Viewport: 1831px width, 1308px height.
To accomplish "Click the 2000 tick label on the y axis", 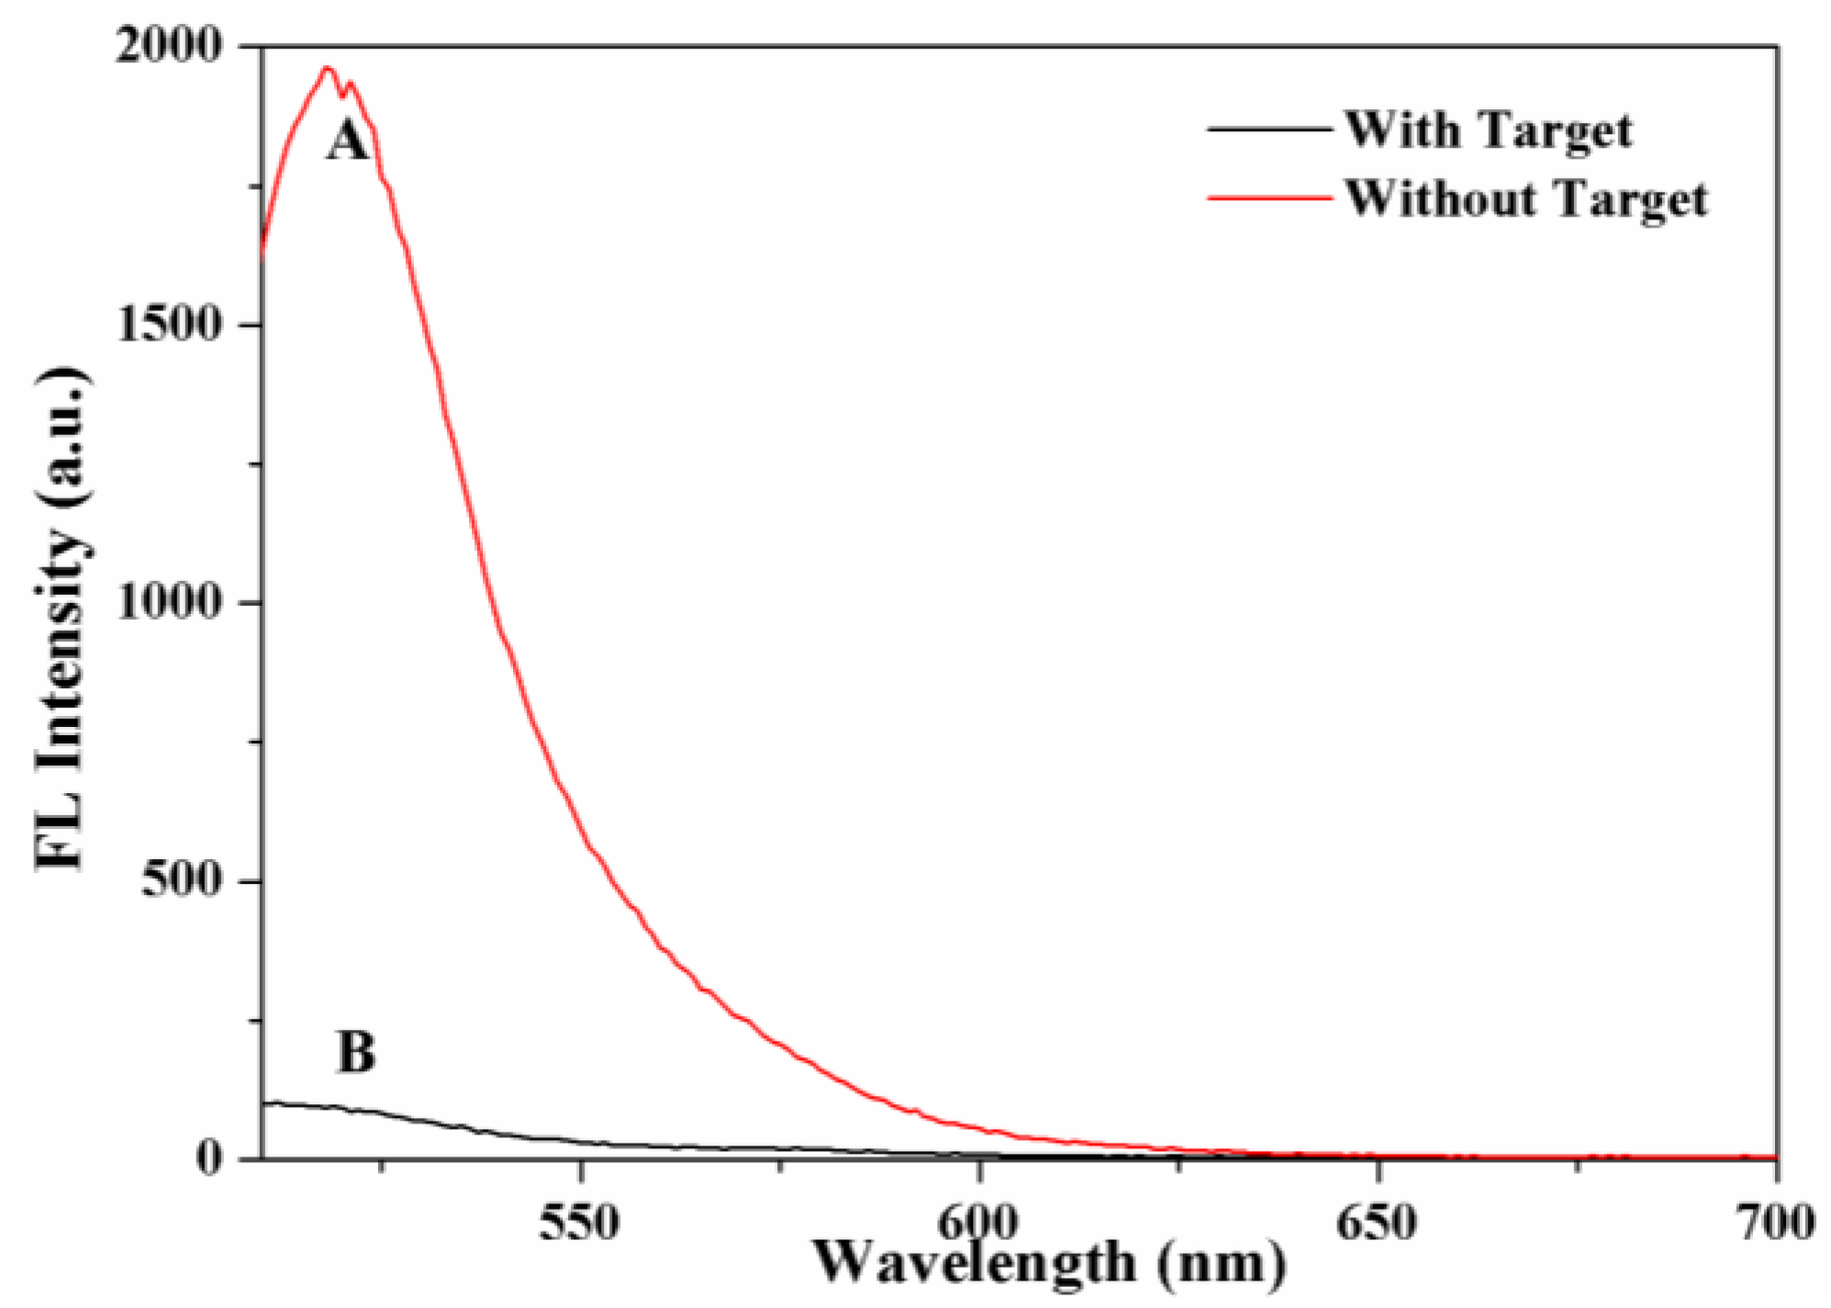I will (171, 45).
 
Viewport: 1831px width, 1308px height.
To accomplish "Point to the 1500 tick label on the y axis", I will (171, 325).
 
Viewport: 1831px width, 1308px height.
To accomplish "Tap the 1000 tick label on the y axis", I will (171, 603).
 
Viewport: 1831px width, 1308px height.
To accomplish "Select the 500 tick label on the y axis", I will (183, 881).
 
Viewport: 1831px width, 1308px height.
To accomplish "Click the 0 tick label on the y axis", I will (208, 1157).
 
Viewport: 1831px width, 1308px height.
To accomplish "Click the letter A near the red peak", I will (347, 142).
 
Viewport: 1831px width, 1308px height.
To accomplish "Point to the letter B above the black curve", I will (356, 1052).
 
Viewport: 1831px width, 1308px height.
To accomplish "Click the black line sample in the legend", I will (1268, 129).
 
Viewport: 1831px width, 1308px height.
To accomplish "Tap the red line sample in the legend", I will (1268, 196).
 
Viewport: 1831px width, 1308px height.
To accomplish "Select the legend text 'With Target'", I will (1489, 129).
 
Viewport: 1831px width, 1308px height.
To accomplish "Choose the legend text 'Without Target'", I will (1526, 198).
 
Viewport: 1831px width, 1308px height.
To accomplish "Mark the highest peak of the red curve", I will (326, 67).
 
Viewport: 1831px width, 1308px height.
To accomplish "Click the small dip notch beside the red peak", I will (342, 95).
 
